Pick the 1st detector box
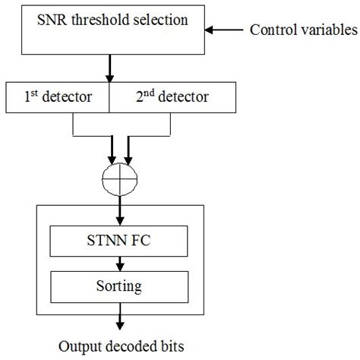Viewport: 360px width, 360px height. point(58,97)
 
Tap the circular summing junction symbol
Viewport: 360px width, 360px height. point(121,182)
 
